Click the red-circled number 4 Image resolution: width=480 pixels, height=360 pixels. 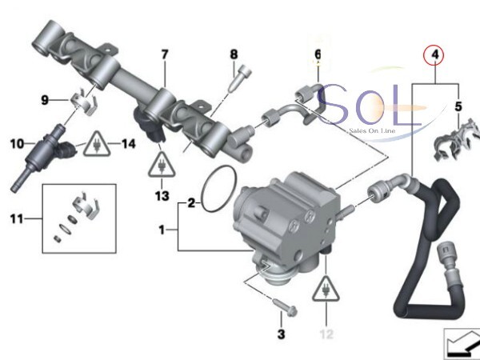point(435,55)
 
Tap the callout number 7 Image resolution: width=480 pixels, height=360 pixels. point(165,54)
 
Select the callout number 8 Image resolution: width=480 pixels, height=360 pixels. point(234,54)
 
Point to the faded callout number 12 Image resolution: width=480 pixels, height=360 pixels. point(326,334)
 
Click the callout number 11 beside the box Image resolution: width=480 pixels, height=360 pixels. point(17,219)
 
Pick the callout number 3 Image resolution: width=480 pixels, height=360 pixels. point(281,334)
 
